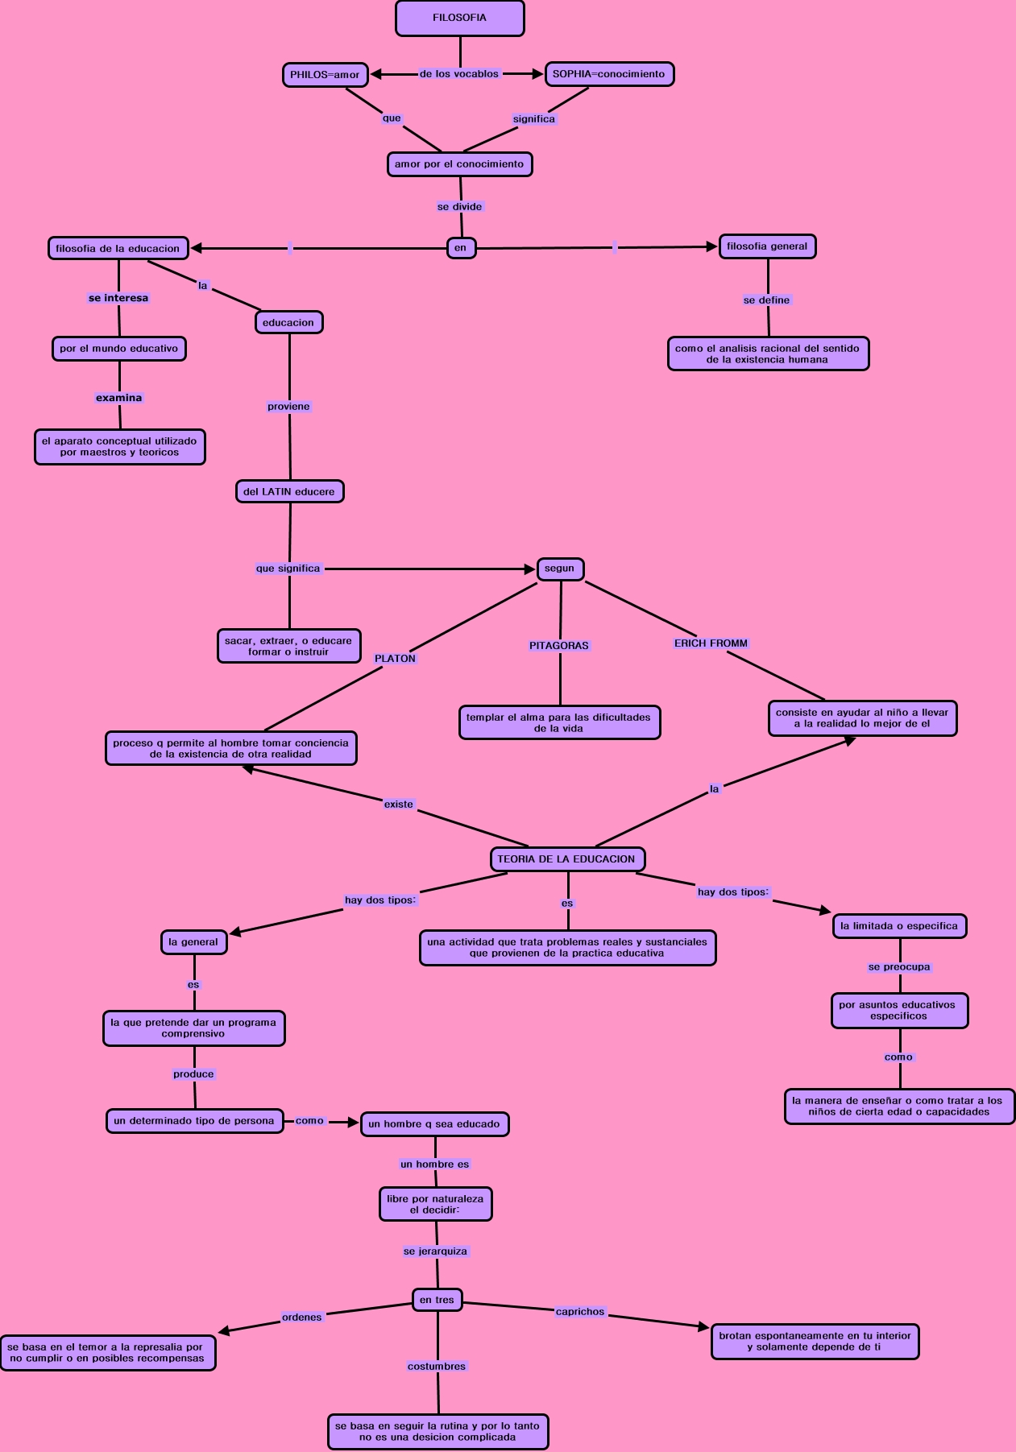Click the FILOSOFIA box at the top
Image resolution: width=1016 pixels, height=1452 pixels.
(x=459, y=18)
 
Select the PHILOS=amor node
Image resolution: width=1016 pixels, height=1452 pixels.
(x=325, y=75)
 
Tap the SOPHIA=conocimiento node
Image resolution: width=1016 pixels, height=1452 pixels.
(x=609, y=74)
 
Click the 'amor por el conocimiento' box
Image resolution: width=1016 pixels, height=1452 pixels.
(x=459, y=164)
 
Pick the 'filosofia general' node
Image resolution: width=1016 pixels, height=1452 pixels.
(x=767, y=246)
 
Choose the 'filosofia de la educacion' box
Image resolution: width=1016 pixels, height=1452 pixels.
(x=118, y=249)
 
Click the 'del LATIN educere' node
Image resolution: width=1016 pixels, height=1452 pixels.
(x=289, y=491)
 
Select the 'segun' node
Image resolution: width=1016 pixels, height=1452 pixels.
(x=560, y=569)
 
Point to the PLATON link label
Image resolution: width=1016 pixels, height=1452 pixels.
(x=395, y=659)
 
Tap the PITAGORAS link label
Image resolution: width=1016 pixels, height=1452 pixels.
(x=559, y=646)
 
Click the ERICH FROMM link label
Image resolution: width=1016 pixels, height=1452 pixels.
(x=711, y=643)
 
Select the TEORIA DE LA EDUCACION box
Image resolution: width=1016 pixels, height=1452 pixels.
(x=566, y=859)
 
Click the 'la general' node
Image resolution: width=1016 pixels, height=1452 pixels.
(x=193, y=942)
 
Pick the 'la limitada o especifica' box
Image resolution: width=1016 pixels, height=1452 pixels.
(x=899, y=926)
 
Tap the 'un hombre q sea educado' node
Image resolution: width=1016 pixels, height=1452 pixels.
(x=434, y=1124)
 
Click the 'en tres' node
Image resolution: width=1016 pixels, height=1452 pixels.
(x=437, y=1300)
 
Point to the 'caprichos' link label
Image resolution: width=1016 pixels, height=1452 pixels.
(x=580, y=1312)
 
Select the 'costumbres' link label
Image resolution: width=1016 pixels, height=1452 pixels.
(x=437, y=1367)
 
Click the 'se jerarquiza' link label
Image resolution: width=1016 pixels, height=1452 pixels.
(x=436, y=1251)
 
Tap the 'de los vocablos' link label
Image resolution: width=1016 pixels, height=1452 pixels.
(x=459, y=74)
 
